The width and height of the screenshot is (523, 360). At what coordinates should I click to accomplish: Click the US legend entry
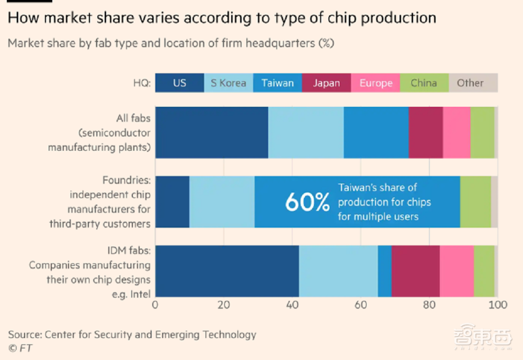click(x=179, y=83)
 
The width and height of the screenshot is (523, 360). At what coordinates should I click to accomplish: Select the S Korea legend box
click(x=228, y=83)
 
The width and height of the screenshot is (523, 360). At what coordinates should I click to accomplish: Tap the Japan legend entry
click(x=326, y=83)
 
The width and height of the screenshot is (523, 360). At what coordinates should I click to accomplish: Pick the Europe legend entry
click(x=376, y=83)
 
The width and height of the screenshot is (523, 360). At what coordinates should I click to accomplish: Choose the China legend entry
click(x=424, y=83)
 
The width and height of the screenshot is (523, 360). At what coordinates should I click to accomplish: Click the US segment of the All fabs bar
click(x=212, y=132)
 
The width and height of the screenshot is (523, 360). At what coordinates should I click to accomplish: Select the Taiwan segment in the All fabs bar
click(x=376, y=132)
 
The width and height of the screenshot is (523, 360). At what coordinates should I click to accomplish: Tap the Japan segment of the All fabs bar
click(x=426, y=132)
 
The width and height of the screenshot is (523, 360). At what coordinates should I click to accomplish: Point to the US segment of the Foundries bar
click(x=173, y=201)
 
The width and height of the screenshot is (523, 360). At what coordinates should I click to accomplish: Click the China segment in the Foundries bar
click(x=475, y=201)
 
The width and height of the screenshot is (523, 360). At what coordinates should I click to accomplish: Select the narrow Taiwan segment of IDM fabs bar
click(x=384, y=271)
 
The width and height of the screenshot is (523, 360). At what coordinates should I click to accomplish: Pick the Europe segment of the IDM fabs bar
click(x=457, y=271)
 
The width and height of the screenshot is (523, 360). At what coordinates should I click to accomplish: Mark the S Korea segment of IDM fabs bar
click(x=338, y=271)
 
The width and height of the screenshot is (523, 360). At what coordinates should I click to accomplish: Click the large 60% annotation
click(x=307, y=202)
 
